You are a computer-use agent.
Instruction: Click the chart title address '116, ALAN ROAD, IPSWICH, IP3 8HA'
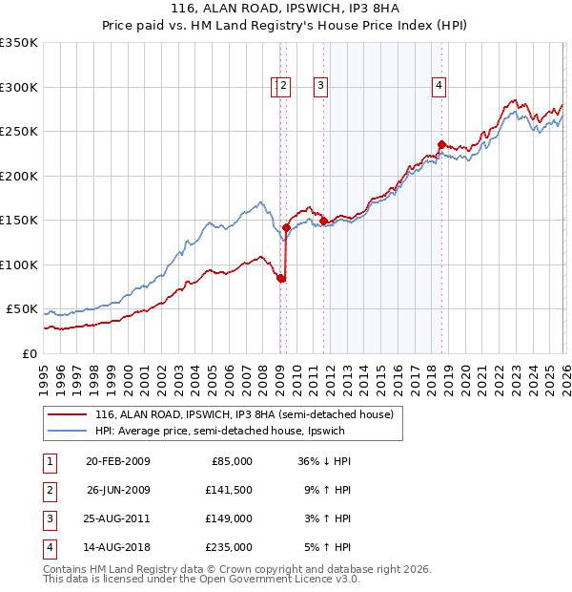pyautogui.click(x=286, y=10)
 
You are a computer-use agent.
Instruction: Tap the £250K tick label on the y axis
pyautogui.click(x=19, y=132)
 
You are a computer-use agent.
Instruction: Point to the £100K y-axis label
pyautogui.click(x=19, y=264)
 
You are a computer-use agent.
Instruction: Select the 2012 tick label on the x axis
pyautogui.click(x=329, y=372)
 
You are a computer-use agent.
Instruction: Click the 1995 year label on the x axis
pyautogui.click(x=44, y=372)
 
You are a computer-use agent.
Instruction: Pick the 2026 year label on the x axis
pyautogui.click(x=563, y=372)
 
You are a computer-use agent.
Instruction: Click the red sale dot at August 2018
pyautogui.click(x=440, y=145)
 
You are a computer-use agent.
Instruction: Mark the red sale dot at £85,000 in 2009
pyautogui.click(x=281, y=278)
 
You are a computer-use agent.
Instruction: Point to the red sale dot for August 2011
pyautogui.click(x=323, y=222)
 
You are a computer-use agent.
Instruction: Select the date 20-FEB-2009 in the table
pyautogui.click(x=117, y=461)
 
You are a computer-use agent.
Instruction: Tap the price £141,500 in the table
pyautogui.click(x=229, y=490)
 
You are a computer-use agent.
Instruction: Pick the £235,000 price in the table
pyautogui.click(x=229, y=547)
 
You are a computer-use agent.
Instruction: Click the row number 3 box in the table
pyautogui.click(x=47, y=518)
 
